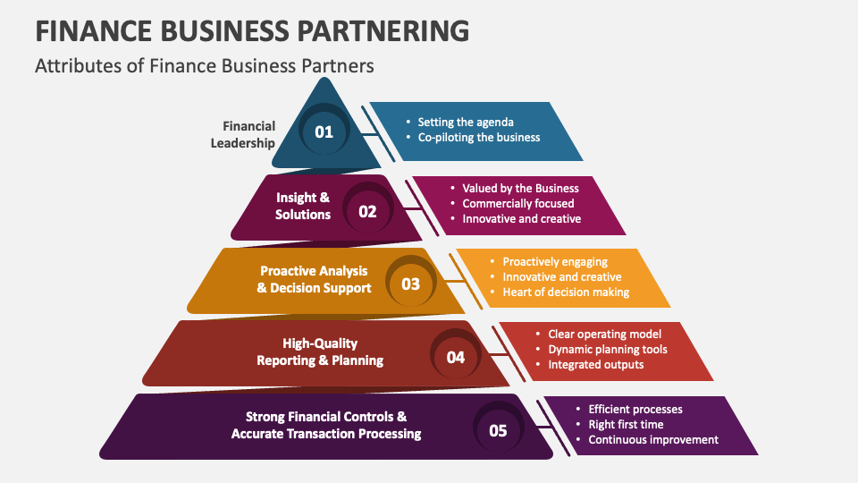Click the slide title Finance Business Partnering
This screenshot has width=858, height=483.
point(251,30)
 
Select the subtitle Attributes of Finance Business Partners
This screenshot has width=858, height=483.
point(204,65)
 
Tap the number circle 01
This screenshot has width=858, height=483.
point(324,132)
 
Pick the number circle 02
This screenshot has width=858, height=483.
point(367,212)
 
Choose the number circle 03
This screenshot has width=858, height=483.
point(410,284)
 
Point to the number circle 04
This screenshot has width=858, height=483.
point(456,357)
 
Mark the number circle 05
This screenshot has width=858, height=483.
point(498,430)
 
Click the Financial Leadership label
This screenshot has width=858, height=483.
point(242,134)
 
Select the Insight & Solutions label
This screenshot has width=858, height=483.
point(303,206)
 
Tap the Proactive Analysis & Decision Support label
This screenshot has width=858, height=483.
point(314,279)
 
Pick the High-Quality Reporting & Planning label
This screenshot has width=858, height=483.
point(320,352)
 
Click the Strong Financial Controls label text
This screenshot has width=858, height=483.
point(326,425)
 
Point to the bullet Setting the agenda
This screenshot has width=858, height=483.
point(466,122)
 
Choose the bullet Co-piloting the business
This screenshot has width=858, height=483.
point(479,138)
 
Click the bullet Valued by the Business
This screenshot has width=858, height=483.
point(520,188)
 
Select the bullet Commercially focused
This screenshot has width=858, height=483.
point(518,203)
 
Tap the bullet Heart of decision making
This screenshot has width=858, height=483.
point(566,292)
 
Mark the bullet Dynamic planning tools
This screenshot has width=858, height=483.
point(608,349)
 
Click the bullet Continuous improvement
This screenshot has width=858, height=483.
point(653,439)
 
